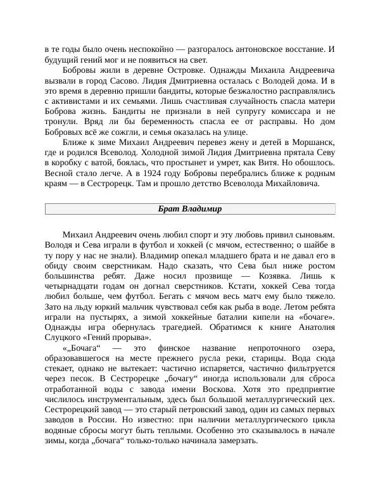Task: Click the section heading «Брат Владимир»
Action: click(189, 210)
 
